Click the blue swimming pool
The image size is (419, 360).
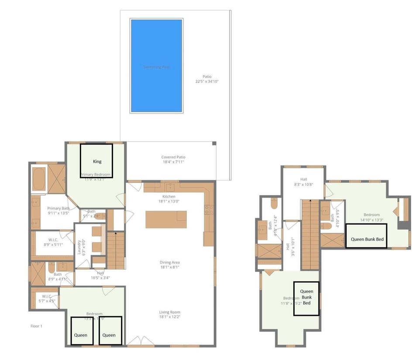pos(156,66)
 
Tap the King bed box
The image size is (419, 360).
pos(96,161)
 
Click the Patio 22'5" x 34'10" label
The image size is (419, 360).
pos(206,79)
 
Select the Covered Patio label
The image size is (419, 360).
pos(173,160)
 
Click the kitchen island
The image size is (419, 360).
pos(166,219)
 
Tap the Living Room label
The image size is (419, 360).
pos(169,314)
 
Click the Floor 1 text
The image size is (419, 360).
pos(37,326)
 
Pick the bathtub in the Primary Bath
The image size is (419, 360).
pos(39,178)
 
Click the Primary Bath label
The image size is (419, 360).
pos(58,211)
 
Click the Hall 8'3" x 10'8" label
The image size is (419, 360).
pos(303,182)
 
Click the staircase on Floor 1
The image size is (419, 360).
pos(116,250)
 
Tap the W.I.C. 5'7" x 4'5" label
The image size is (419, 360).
pos(43,298)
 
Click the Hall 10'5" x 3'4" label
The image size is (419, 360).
pos(100,275)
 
